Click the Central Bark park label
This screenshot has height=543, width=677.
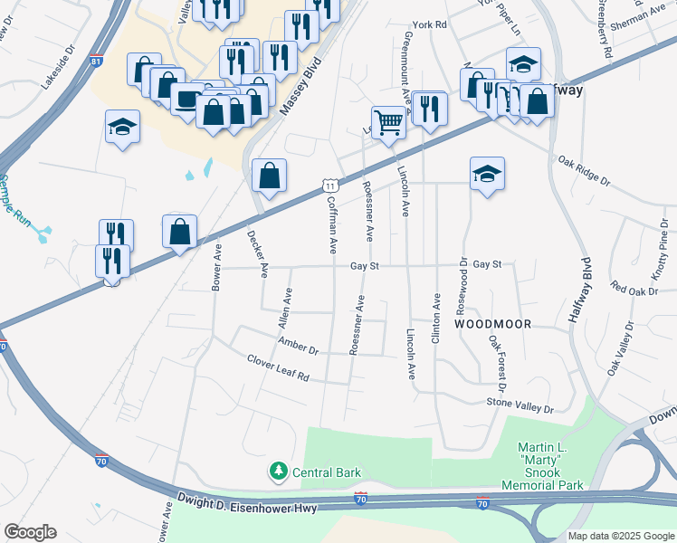point(327,472)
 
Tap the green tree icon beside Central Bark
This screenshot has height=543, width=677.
point(279,472)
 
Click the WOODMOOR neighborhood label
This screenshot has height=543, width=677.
point(491,323)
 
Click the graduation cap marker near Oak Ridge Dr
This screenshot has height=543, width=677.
point(487,173)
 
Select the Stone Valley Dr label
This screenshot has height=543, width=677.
point(520,406)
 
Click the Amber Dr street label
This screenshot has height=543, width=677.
point(299,345)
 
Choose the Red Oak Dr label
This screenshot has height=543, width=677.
point(631,289)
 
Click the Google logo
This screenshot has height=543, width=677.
point(30,532)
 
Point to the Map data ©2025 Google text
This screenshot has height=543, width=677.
point(620,536)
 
